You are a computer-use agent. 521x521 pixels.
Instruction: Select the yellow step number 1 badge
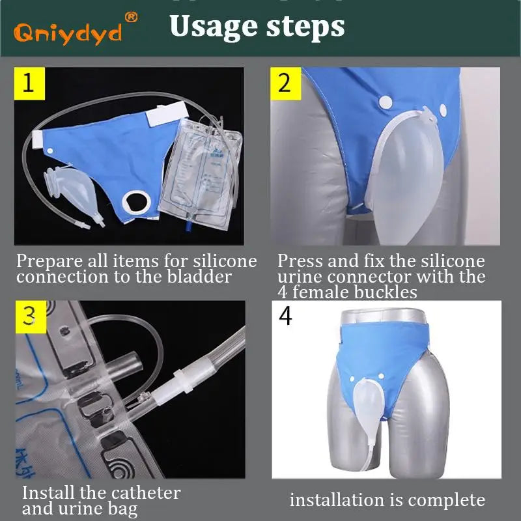[x=29, y=83]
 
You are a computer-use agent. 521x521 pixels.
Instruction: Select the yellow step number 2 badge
[x=285, y=83]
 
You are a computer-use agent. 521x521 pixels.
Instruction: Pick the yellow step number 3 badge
[x=30, y=315]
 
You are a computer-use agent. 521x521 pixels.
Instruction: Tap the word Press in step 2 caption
[x=300, y=262]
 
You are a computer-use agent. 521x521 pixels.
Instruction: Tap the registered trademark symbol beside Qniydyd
[x=131, y=16]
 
